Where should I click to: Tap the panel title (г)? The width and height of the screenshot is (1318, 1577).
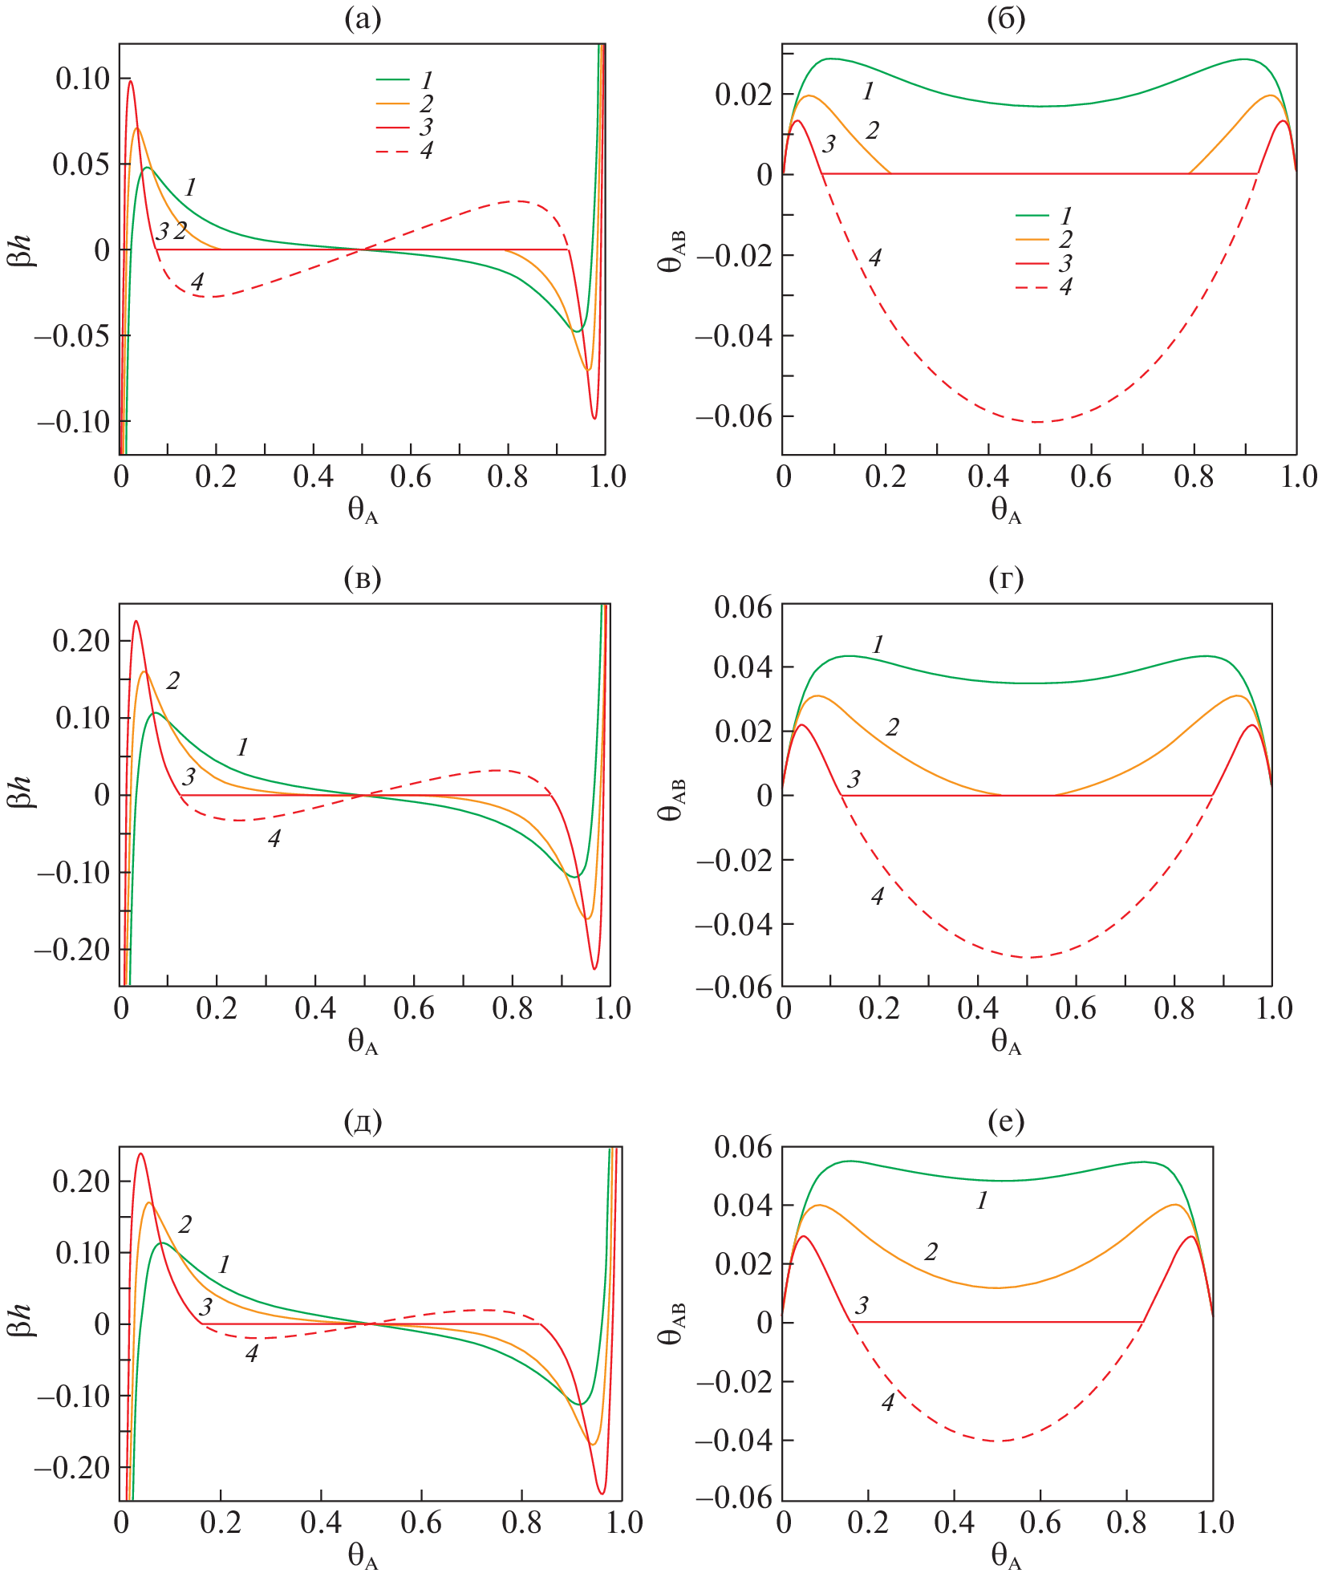coord(1006,578)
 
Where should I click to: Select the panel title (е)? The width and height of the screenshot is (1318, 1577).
coord(1006,1122)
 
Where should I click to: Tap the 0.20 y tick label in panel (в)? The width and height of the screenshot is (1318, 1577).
coord(81,641)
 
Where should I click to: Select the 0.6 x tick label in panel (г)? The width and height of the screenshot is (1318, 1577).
coord(1075,1007)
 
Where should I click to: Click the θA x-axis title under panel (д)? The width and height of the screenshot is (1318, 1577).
coord(363,1557)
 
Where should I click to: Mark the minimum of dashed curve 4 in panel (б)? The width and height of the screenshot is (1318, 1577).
coord(1038,422)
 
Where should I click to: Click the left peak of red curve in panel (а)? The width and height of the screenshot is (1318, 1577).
coord(131,80)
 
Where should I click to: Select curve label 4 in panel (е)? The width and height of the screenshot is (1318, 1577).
coord(888,1402)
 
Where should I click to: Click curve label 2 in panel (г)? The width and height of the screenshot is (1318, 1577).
coord(892,728)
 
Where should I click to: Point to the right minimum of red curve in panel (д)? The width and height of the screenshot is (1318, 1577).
coord(602,1493)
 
